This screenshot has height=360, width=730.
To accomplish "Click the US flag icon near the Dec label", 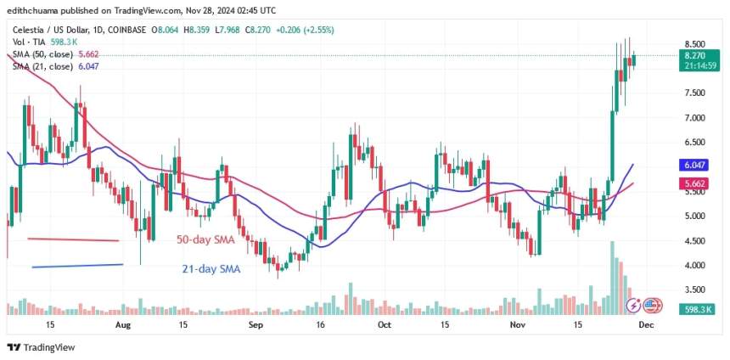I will [652, 305].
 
